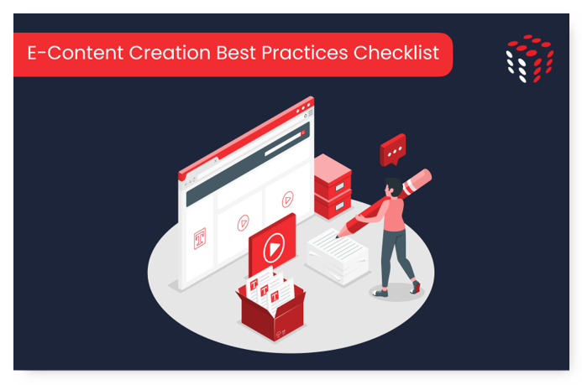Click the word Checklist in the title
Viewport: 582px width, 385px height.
click(396, 53)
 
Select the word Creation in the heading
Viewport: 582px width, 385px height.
click(170, 53)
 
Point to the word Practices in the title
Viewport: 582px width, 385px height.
click(304, 53)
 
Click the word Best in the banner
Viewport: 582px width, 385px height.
click(236, 53)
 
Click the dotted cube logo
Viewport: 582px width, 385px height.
click(530, 59)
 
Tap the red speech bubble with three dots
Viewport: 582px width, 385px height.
click(393, 149)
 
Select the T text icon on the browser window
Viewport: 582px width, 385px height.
click(200, 238)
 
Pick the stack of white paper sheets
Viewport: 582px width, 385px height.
click(337, 257)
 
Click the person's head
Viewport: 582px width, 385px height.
click(393, 187)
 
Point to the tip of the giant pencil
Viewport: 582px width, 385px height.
click(337, 236)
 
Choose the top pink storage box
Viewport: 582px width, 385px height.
click(333, 175)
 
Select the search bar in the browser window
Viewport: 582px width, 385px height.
click(284, 143)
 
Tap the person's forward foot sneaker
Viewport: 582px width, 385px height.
click(380, 293)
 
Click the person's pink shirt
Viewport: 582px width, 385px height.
click(391, 215)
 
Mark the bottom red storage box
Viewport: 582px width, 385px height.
click(333, 205)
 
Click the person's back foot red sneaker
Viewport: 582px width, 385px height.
click(416, 287)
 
